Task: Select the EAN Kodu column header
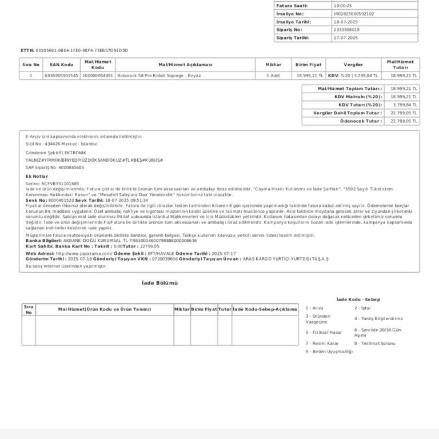point(62,65)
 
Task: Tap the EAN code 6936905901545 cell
point(62,75)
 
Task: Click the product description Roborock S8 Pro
point(159,75)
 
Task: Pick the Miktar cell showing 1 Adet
point(273,75)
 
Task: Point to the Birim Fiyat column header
point(309,65)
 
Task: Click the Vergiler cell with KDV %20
point(353,75)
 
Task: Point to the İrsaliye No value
point(354,14)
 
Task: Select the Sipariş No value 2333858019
point(346,30)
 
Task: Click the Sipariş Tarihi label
point(293,38)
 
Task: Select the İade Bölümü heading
point(159,283)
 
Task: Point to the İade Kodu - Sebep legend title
point(358,300)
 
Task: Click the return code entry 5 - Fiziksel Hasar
point(324,332)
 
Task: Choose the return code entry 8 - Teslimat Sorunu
point(374,344)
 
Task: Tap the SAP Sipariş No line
point(55,167)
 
